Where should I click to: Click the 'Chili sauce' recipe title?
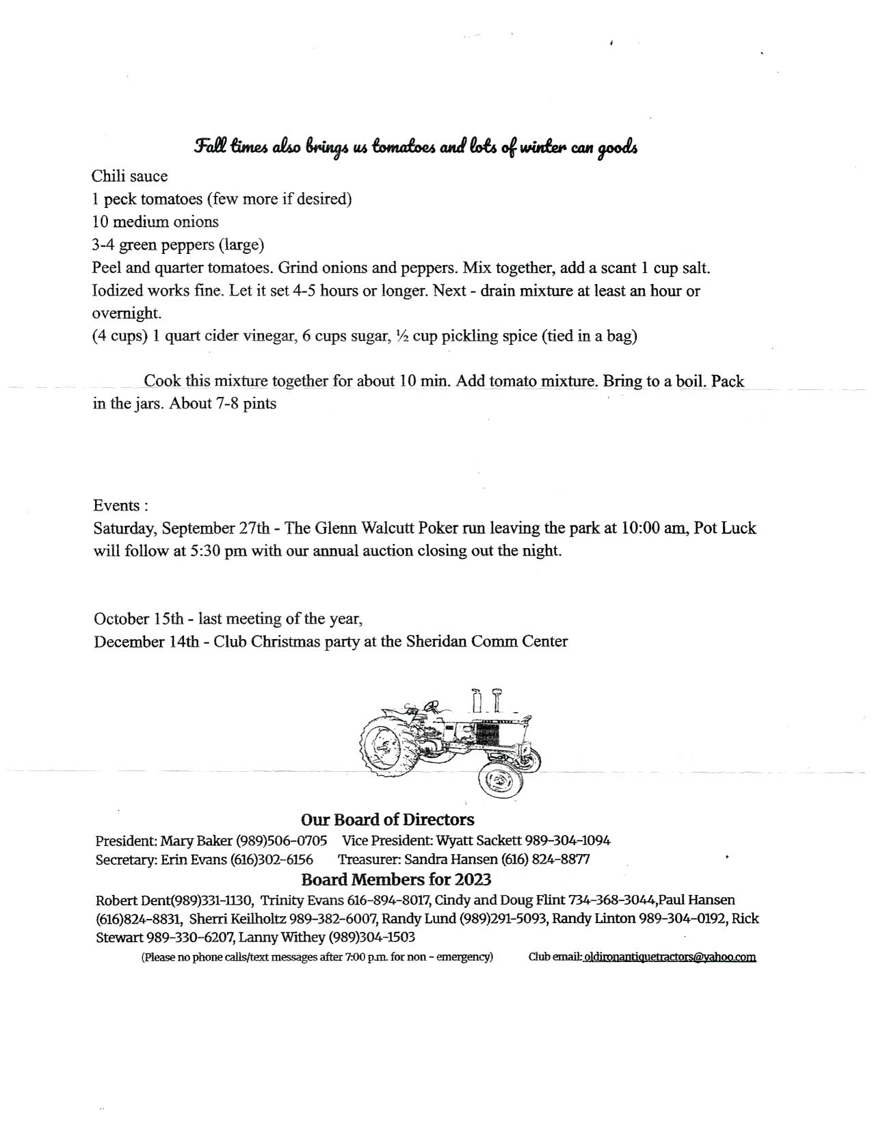(x=129, y=177)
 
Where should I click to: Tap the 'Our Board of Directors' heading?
(x=387, y=820)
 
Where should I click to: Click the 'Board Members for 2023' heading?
(x=396, y=879)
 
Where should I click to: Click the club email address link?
(x=670, y=957)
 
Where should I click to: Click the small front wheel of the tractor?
(x=500, y=779)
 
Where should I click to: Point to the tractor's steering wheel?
(x=432, y=706)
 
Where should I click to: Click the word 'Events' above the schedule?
(x=117, y=506)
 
